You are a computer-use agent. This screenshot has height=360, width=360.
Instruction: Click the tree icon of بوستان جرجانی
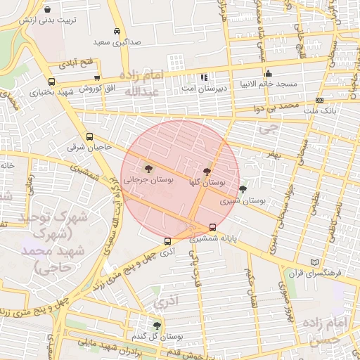coord(148,168)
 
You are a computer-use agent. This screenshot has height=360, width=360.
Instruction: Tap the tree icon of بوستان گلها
coord(207,171)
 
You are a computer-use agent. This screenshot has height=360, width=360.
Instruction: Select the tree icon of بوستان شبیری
coord(243,189)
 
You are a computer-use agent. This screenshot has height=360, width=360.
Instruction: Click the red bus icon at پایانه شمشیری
coord(213,227)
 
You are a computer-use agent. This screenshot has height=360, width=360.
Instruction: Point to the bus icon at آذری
coord(167,241)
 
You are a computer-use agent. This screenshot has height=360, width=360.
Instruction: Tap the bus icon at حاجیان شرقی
coord(89,137)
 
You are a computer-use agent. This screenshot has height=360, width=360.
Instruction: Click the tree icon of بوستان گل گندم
coord(156,326)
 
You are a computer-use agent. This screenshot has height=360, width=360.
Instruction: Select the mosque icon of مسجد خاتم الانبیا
coord(268,74)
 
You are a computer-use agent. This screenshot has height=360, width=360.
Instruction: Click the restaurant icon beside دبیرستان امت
coord(203,77)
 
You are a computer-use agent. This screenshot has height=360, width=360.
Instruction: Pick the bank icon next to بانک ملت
coord(320,101)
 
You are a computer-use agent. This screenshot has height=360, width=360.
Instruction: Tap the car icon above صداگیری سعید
coord(116,32)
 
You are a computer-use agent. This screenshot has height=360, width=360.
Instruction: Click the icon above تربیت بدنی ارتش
coord(47,10)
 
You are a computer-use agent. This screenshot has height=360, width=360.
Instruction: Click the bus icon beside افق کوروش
coord(96,78)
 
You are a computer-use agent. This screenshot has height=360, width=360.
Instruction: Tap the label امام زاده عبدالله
coord(143,83)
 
